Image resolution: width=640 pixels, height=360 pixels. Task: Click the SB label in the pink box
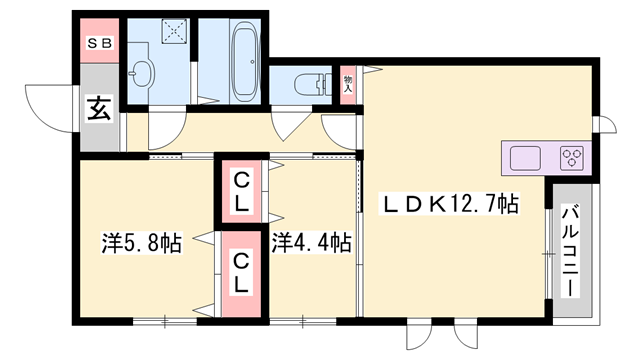click(x=99, y=42)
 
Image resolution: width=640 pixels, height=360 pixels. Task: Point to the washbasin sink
click(x=142, y=72)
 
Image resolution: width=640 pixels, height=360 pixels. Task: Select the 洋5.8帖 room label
click(x=141, y=242)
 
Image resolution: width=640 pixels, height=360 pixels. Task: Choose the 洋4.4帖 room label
click(x=311, y=242)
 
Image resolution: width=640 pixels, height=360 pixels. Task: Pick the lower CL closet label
click(x=242, y=271)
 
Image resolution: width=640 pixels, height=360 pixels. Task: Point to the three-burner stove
click(x=573, y=157)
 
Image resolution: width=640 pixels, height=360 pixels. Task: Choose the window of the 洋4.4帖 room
click(x=301, y=321)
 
